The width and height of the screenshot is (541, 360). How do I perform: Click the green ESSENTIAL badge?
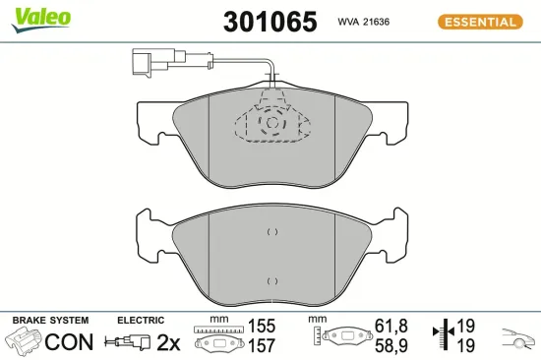tap(479, 22)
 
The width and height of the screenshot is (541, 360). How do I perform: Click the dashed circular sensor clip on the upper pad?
tap(270, 122)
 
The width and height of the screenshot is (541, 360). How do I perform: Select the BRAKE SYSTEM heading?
tap(50, 321)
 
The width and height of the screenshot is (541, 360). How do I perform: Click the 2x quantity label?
tap(169, 343)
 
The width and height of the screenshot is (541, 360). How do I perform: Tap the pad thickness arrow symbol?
tap(445, 335)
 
